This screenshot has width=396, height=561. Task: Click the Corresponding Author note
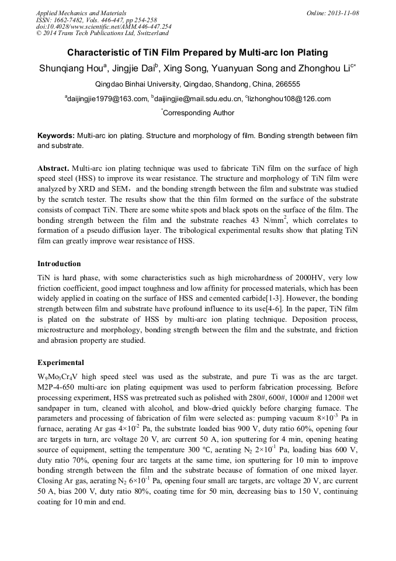[x=199, y=113]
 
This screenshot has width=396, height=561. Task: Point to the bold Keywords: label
[x=56, y=136]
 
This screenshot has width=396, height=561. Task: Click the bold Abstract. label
[x=54, y=168]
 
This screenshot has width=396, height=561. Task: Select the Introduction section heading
[x=59, y=264]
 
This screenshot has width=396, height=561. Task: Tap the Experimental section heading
[x=61, y=362]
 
